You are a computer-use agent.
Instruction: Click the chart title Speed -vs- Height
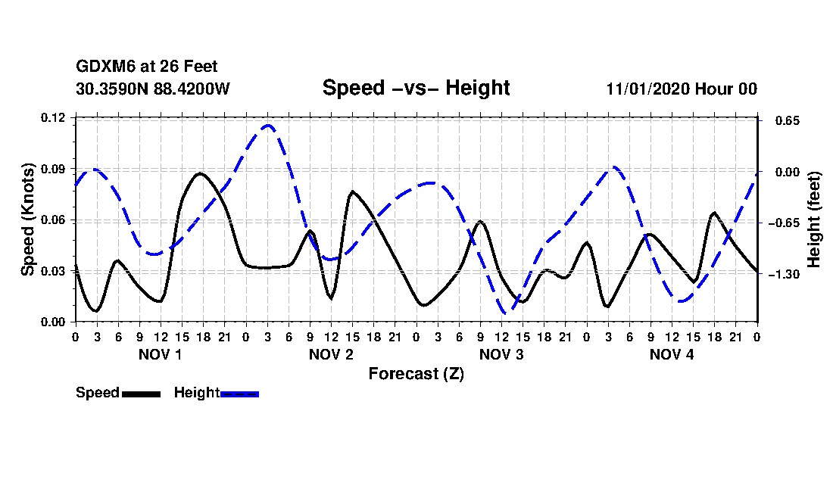point(416,88)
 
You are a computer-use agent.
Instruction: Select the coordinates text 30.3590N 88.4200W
point(152,89)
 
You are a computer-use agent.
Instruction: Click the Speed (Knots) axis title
point(28,220)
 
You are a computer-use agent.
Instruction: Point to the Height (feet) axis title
point(814,220)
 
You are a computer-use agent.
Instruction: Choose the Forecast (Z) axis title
point(416,373)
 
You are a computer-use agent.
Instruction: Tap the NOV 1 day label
point(160,354)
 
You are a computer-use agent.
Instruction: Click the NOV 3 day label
point(501,354)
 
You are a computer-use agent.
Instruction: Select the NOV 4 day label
point(672,354)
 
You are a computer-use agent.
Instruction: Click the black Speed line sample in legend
point(141,394)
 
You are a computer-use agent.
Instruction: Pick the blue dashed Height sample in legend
point(239,394)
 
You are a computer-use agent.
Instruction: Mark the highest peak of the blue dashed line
point(267,126)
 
